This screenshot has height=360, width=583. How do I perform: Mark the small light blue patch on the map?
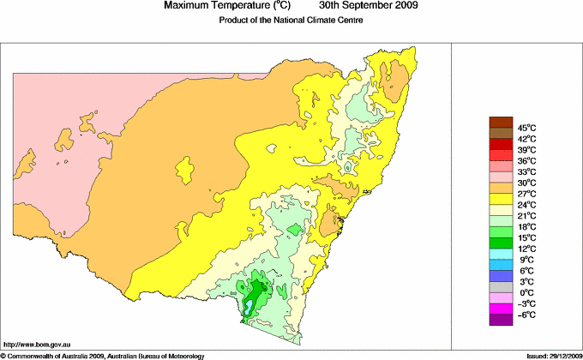click(x=248, y=304)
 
